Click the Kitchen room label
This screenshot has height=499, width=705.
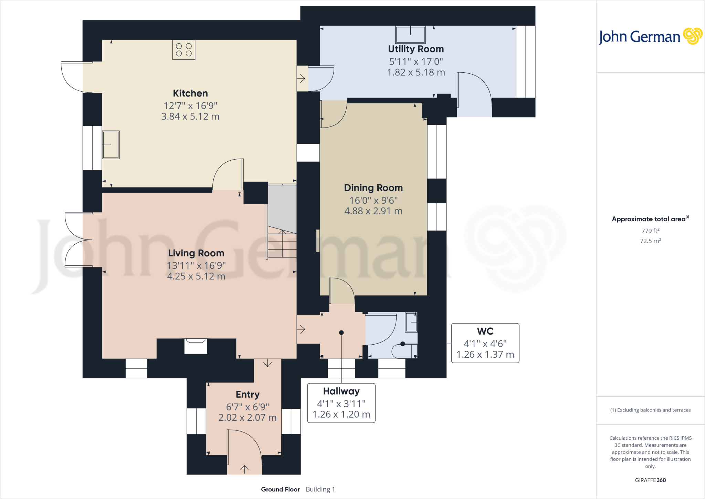[190, 93]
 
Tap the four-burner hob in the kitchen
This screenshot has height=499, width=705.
[184, 50]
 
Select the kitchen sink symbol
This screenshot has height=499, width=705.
[111, 145]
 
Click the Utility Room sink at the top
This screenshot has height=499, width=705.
[410, 34]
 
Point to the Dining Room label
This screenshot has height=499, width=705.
[373, 188]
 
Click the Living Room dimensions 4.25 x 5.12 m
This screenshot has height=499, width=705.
[196, 276]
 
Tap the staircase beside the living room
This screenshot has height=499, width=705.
[282, 241]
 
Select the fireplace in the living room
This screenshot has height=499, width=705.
[196, 346]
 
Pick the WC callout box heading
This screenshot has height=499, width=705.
[485, 331]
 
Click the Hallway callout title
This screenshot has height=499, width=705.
[341, 391]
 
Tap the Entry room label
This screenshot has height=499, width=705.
[248, 394]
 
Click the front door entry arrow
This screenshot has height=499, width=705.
[244, 469]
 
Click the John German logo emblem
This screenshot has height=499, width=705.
[692, 36]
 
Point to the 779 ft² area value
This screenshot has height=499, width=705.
[650, 231]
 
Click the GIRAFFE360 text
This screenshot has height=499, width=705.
[650, 480]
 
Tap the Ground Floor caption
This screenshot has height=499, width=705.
[280, 489]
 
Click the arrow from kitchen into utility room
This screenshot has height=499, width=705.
[301, 79]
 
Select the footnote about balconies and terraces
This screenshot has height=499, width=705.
[650, 410]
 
